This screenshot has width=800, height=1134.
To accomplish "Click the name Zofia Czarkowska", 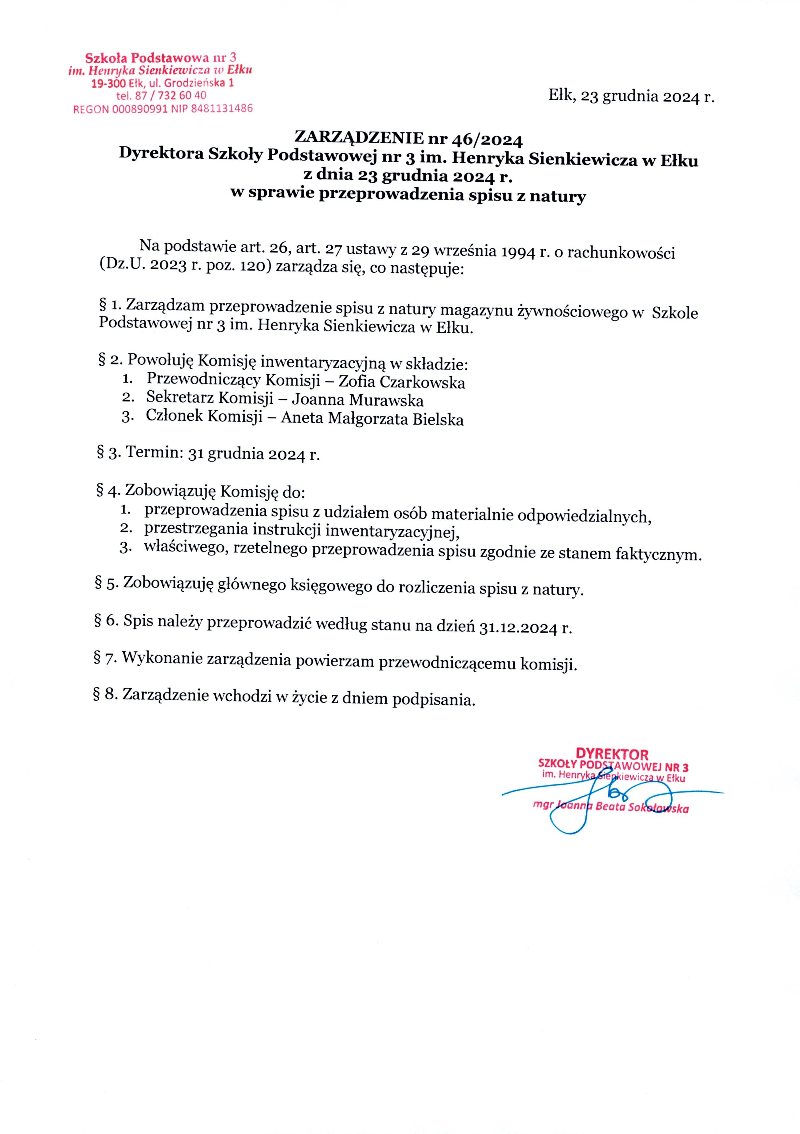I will (x=401, y=382).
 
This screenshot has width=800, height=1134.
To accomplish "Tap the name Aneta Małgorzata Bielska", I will (x=372, y=418).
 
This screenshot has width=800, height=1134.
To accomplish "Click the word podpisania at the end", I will (x=433, y=700).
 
